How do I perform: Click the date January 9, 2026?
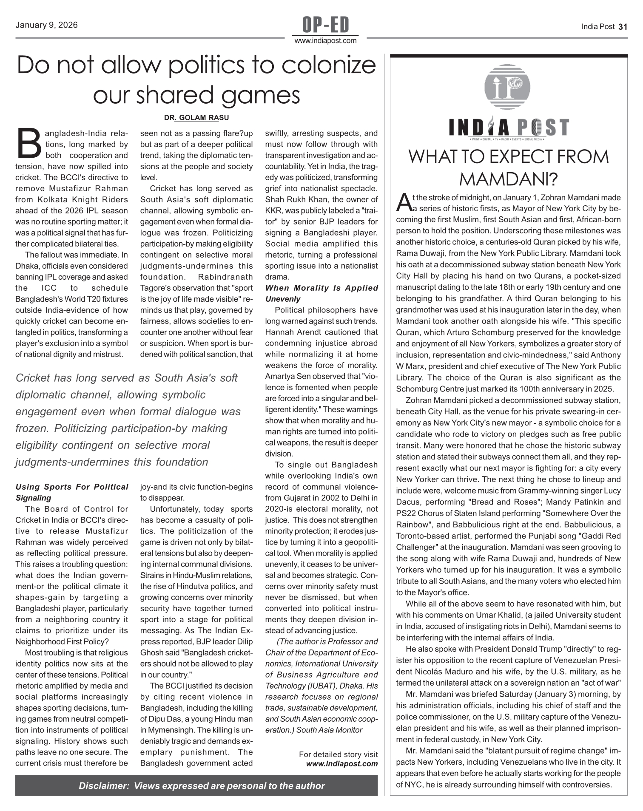click(x=46, y=25)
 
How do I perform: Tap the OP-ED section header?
click(x=325, y=25)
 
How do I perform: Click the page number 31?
click(x=623, y=27)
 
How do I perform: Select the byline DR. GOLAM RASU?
click(x=196, y=118)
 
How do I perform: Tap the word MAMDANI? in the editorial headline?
click(x=508, y=179)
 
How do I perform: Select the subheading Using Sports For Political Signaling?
click(x=71, y=492)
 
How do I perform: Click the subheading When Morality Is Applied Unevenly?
click(x=321, y=293)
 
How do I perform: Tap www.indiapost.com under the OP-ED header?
click(x=325, y=41)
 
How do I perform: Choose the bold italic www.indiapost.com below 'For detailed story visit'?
click(x=342, y=764)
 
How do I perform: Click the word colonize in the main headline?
click(x=329, y=65)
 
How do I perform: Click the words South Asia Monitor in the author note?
click(x=329, y=730)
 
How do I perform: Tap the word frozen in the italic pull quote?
click(x=29, y=428)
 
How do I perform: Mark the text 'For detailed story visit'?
click(x=338, y=754)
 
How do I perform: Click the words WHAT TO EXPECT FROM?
click(x=508, y=157)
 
